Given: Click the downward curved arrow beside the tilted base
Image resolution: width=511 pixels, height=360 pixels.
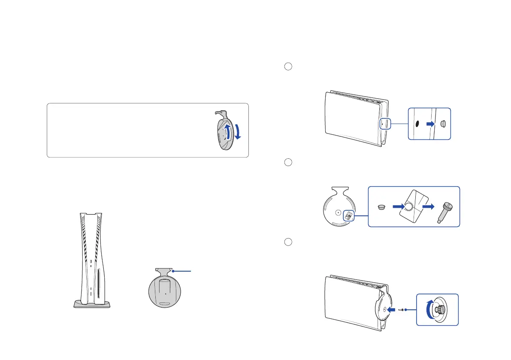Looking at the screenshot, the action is click(x=238, y=130).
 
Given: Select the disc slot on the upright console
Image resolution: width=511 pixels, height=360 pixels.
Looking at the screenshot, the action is click(x=100, y=286).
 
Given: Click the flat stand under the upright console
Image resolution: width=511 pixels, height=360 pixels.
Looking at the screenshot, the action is click(x=92, y=304).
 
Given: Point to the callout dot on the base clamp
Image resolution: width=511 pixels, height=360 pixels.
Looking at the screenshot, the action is click(x=172, y=271).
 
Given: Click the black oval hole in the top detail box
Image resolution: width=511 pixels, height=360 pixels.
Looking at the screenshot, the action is click(x=416, y=124).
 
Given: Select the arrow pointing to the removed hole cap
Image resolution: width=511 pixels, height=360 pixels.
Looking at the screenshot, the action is click(x=430, y=124).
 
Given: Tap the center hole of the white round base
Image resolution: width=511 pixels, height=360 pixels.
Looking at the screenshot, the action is click(x=338, y=212).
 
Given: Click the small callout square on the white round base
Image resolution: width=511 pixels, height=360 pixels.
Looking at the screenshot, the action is click(x=348, y=217).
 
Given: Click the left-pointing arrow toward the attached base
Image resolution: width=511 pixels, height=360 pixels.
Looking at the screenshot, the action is click(x=391, y=309).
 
